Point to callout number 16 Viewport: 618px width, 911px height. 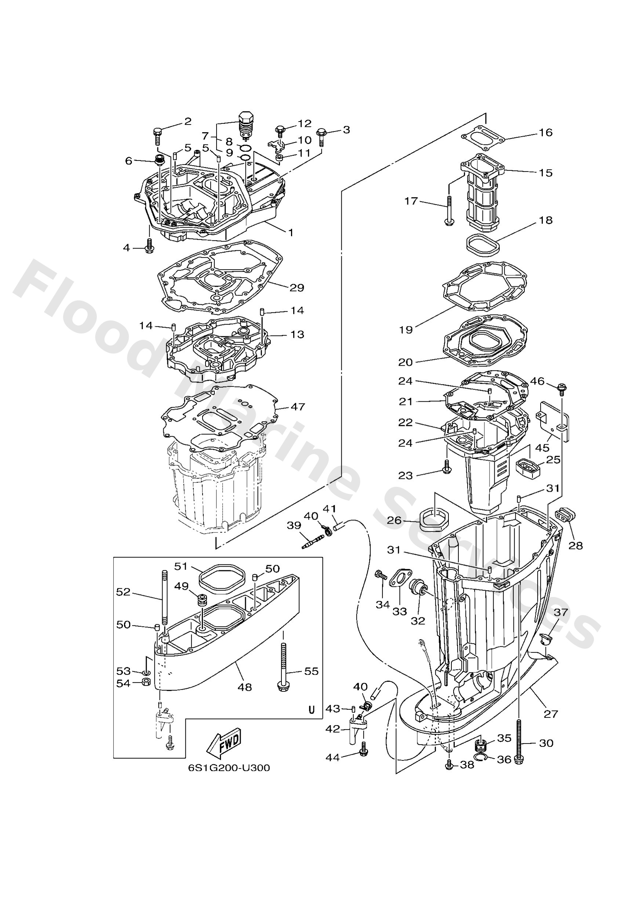545,132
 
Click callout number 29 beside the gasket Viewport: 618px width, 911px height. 297,288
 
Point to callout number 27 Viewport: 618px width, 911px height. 550,714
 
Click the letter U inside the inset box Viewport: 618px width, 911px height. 312,710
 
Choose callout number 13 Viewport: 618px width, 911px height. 297,335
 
